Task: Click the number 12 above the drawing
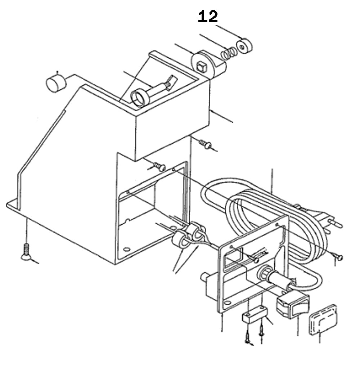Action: coord(208,17)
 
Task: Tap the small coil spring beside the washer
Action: coord(228,54)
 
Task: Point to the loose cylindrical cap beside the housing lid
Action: coord(56,83)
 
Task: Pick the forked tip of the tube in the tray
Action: coord(170,82)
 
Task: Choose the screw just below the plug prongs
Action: coord(338,257)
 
